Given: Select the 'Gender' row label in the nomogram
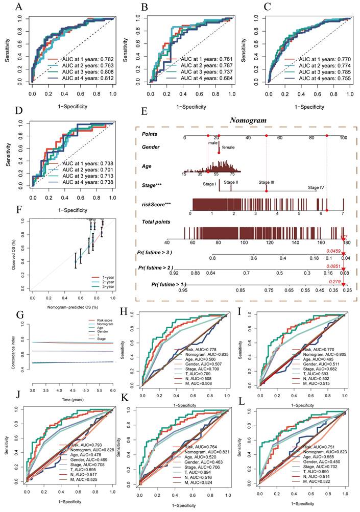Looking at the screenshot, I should click(151, 147).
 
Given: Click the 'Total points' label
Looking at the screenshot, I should click(157, 222).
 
